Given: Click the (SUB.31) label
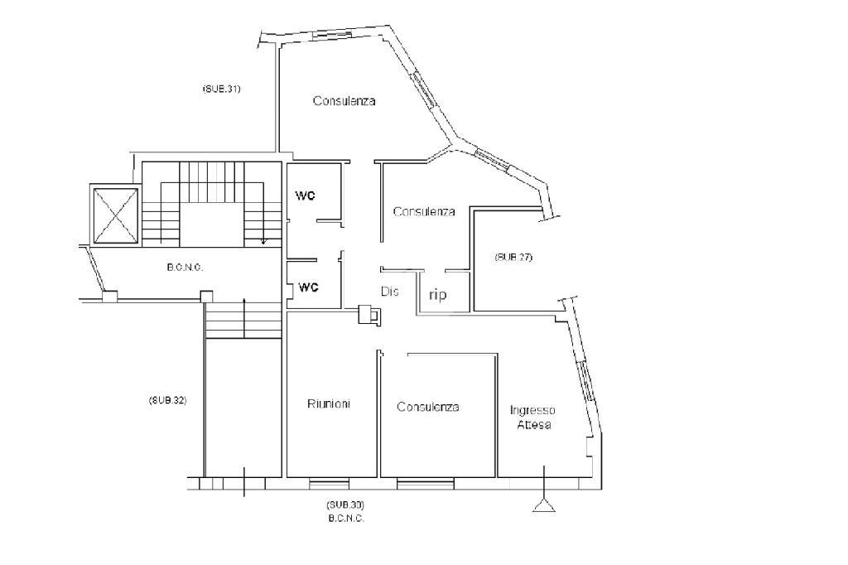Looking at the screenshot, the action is coord(221,89).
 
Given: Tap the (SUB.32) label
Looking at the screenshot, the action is coord(167,400).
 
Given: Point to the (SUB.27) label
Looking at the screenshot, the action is coord(513,257).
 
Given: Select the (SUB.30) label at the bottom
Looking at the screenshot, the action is coord(345,505).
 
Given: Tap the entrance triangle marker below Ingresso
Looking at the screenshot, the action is coord(544,505).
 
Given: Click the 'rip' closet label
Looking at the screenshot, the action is coord(437,295).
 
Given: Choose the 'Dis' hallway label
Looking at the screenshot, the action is coord(390,291).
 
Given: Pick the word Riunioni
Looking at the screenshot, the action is coord(329,403).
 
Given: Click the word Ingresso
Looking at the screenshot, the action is coord(532,410).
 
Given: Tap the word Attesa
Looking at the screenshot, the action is coord(534,424).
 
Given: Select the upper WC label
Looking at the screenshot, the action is coord(305,196).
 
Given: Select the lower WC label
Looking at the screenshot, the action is coord(309,287).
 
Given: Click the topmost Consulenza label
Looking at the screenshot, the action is coord(344,101).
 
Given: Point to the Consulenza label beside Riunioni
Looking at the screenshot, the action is coord(428,407).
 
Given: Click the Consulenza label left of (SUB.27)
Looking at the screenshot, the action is coord(424,211).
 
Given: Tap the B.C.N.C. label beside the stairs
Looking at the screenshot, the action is coord(185,268).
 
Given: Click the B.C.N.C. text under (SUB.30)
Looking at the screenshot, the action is coord(346,519).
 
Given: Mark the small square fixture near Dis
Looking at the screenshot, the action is coord(369,314).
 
